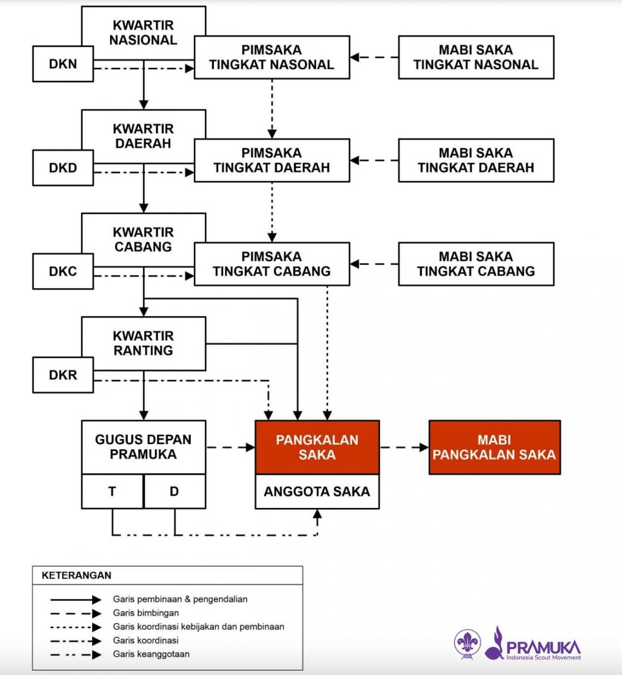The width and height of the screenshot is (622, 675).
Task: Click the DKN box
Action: click(63, 64)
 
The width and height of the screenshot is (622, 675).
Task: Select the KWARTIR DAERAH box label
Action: click(143, 136)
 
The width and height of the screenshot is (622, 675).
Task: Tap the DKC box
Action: click(63, 271)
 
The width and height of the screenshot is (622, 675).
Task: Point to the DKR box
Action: click(63, 375)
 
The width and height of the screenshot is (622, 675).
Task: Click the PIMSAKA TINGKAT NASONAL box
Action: click(272, 57)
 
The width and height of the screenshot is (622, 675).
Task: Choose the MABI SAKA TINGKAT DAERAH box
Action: click(476, 160)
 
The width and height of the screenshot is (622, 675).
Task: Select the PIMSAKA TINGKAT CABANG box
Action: click(272, 264)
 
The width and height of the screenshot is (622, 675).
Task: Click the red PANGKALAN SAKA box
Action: click(317, 447)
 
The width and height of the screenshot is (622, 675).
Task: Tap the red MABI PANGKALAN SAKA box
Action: click(494, 447)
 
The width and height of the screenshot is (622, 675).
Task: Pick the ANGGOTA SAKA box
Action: click(317, 492)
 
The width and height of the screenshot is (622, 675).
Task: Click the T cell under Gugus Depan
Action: click(112, 492)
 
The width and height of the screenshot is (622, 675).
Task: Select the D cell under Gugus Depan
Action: click(175, 492)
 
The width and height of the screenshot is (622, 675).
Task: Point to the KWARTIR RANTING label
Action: click(143, 343)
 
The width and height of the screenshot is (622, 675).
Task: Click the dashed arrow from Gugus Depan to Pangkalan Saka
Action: click(230, 447)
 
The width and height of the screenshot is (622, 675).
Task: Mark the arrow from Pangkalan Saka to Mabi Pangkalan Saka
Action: click(404, 447)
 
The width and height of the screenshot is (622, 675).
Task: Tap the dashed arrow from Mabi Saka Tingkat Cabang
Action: click(374, 264)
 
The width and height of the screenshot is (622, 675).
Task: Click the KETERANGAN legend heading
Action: click(76, 575)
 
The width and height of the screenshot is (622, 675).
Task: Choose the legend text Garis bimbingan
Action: click(146, 613)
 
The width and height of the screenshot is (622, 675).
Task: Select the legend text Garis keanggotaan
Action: click(151, 654)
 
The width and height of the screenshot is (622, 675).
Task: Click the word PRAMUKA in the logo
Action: click(543, 647)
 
